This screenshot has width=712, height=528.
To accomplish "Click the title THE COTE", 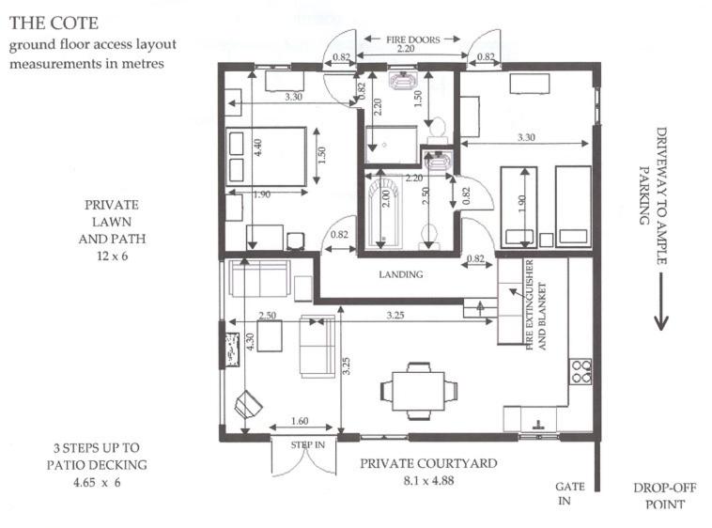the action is pyautogui.click(x=54, y=23).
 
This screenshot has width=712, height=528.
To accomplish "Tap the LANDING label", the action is pyautogui.click(x=401, y=274).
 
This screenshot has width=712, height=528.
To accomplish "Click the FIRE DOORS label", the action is pyautogui.click(x=412, y=39).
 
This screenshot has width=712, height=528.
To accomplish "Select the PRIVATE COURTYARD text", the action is pyautogui.click(x=428, y=463).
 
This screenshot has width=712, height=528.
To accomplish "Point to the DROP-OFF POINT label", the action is pyautogui.click(x=665, y=496).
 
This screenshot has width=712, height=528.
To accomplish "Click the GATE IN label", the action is pyautogui.click(x=570, y=493).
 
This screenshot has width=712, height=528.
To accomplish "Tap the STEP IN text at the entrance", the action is pyautogui.click(x=307, y=445).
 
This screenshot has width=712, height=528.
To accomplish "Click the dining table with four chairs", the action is pyautogui.click(x=419, y=391).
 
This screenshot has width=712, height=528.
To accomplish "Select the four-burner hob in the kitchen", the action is pyautogui.click(x=580, y=372).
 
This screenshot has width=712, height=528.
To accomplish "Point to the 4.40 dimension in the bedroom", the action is pyautogui.click(x=257, y=148).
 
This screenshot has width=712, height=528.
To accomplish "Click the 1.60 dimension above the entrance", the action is pyautogui.click(x=300, y=421).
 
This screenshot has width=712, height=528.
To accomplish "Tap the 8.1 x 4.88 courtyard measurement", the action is pyautogui.click(x=428, y=480).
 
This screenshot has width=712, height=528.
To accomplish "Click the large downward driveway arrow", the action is pyautogui.click(x=660, y=302).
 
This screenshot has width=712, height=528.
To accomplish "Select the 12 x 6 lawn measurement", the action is pyautogui.click(x=112, y=256).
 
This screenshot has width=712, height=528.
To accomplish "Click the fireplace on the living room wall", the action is pyautogui.click(x=233, y=349).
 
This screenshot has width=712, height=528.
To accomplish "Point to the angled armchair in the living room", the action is pyautogui.click(x=248, y=404).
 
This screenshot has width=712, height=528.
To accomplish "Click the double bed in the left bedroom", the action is pyautogui.click(x=266, y=157).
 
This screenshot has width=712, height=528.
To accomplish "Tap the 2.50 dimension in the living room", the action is pyautogui.click(x=267, y=315).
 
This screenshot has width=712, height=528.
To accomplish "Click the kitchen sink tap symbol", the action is pyautogui.click(x=538, y=425).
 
